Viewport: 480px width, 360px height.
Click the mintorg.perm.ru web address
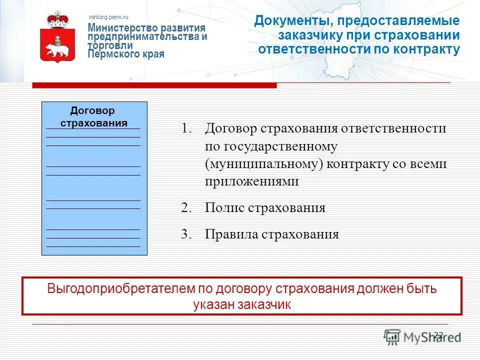(x=108, y=17)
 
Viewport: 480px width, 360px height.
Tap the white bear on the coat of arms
(x=58, y=48)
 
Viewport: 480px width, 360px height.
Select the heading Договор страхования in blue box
(x=94, y=116)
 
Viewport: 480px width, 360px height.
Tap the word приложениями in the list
(x=251, y=181)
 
